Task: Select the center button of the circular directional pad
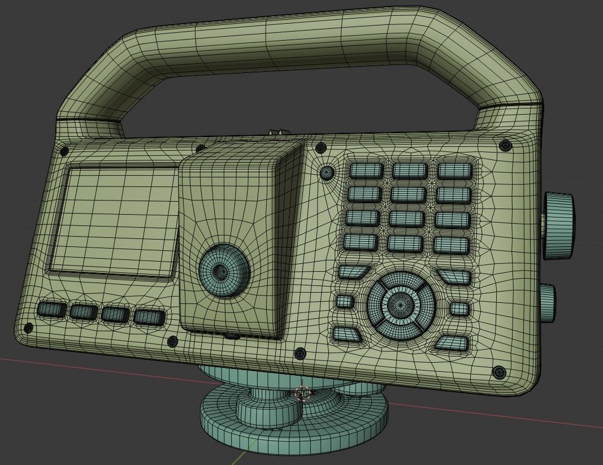(x=402, y=305)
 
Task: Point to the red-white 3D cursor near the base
(x=302, y=393)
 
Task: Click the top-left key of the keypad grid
(x=366, y=170)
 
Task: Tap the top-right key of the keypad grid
(x=454, y=170)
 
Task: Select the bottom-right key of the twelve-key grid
(x=452, y=245)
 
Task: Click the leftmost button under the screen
(x=51, y=310)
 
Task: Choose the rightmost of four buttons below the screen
(x=149, y=317)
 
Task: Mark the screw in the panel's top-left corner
(x=64, y=151)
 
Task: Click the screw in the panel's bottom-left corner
(x=28, y=327)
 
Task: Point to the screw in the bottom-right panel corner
(x=499, y=372)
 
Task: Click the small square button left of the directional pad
(x=344, y=301)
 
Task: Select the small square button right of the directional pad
(x=459, y=309)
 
